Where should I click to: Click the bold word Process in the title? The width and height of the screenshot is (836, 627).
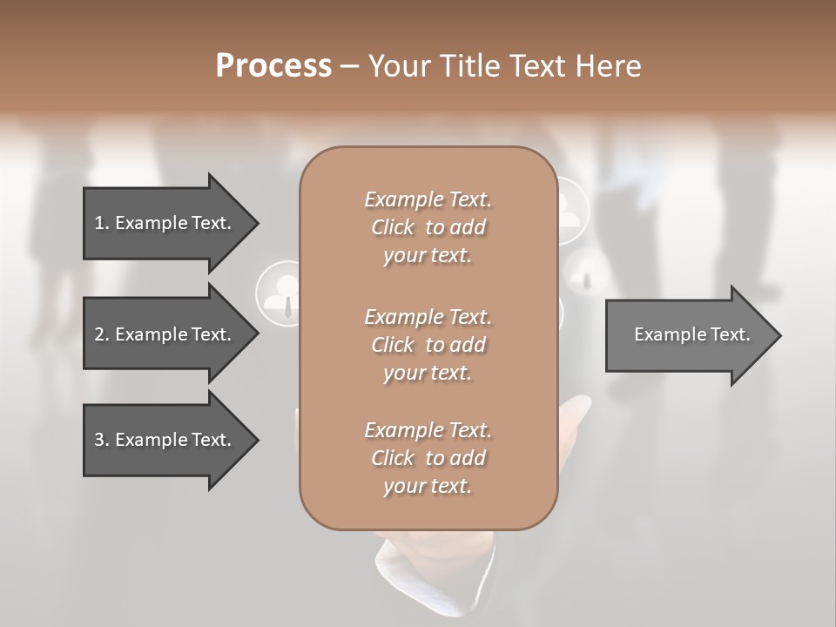[273, 66]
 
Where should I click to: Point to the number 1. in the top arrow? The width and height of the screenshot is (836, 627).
[102, 223]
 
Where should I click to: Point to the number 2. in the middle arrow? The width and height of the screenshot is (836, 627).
[102, 334]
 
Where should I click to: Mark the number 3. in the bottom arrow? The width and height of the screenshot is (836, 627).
[102, 440]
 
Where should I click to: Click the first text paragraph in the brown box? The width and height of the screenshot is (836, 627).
[428, 227]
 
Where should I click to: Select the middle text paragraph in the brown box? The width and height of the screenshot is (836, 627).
[428, 345]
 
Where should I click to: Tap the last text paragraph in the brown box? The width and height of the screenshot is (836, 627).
[428, 458]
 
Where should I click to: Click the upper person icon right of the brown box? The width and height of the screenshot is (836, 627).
[571, 209]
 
